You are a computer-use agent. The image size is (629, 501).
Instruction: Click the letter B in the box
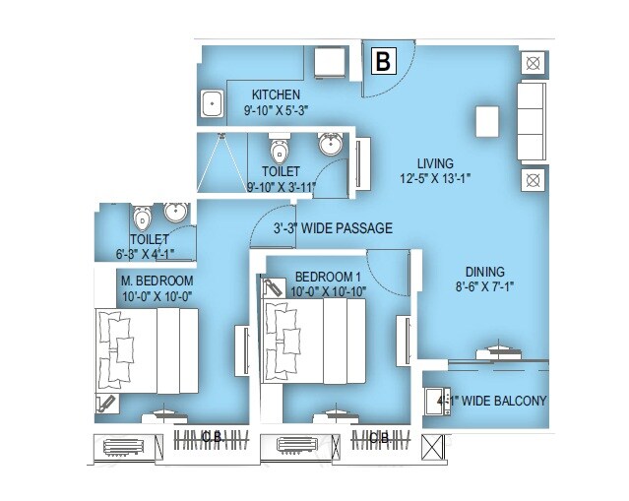(383, 62)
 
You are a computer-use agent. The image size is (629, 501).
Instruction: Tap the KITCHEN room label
(275, 94)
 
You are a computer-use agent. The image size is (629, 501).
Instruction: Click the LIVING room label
(435, 163)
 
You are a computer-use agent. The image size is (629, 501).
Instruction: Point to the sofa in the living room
(532, 122)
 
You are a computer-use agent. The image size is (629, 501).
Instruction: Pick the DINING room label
(485, 272)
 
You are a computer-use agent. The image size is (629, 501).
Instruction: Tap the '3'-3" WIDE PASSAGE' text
(333, 228)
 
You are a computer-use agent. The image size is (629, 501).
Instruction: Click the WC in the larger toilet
(280, 152)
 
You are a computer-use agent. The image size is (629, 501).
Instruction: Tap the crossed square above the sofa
(531, 64)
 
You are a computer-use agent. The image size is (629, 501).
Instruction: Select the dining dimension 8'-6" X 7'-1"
(485, 286)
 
